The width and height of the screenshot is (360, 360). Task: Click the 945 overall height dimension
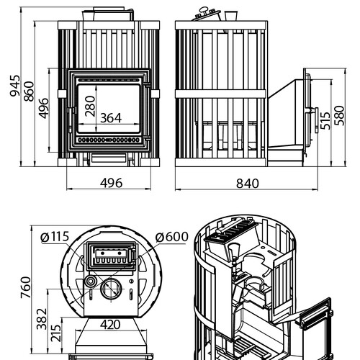(x=15, y=86)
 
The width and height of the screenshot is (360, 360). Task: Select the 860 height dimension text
(x=29, y=91)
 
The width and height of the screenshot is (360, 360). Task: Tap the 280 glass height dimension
(x=90, y=106)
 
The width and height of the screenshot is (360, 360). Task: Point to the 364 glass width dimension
(x=111, y=118)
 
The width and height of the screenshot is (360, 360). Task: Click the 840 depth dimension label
(x=248, y=184)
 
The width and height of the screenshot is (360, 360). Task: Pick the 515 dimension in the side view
(x=325, y=121)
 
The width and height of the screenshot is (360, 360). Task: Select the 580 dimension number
(x=339, y=115)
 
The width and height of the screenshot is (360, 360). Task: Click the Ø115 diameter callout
(x=55, y=237)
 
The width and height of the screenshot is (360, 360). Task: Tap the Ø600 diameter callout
(x=171, y=237)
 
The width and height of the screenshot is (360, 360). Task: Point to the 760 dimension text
(x=26, y=287)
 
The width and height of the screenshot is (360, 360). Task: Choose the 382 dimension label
(x=42, y=319)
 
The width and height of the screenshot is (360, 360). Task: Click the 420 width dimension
(x=110, y=325)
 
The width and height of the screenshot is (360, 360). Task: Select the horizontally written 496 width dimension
(x=112, y=183)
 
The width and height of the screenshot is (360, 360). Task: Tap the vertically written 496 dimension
(x=44, y=108)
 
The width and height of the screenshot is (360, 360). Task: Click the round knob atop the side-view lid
(x=204, y=9)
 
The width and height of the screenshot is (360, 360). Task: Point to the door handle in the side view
(x=316, y=120)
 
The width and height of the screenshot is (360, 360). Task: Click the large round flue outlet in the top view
(x=111, y=289)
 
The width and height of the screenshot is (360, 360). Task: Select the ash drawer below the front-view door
(x=109, y=158)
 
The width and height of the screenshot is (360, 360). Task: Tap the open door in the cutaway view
(x=315, y=312)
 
